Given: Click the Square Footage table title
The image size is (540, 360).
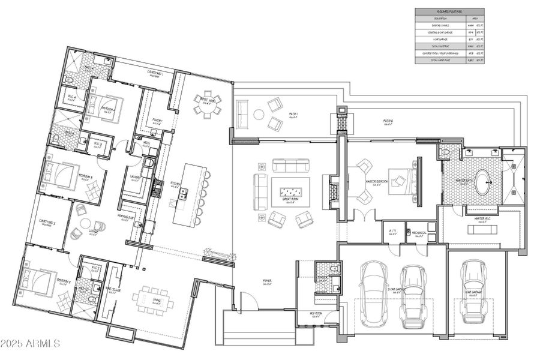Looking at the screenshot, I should [449, 11].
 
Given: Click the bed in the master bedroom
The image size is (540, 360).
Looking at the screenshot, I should [401, 178].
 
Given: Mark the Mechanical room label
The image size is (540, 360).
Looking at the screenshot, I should [418, 233].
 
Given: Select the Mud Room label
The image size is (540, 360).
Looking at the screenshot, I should [316, 313].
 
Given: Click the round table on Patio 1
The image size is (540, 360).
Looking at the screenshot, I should [259, 113].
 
